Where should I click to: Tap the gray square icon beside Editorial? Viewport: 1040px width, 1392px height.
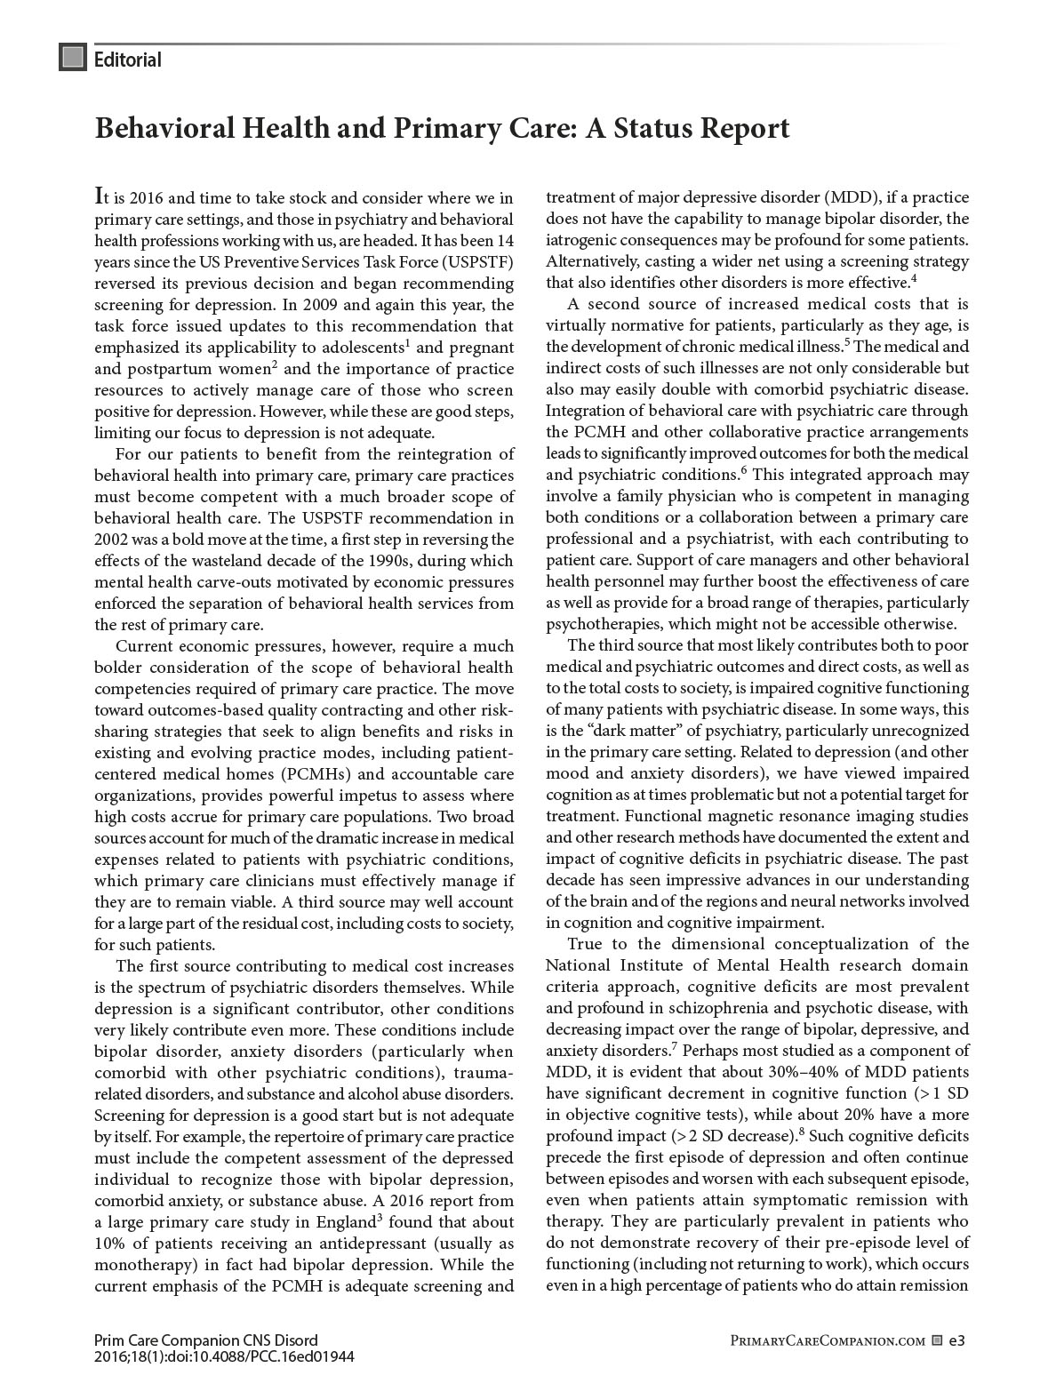pos(72,58)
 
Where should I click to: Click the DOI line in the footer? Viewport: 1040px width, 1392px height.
pos(224,1357)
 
